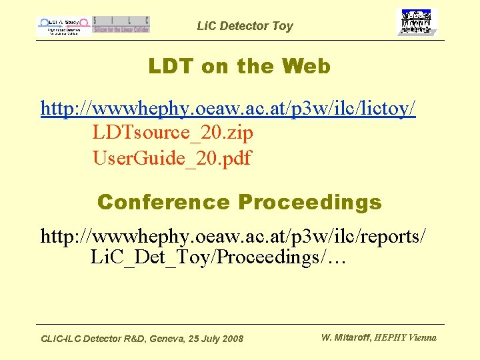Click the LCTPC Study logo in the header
tap(63, 25)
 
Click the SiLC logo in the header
tap(121, 25)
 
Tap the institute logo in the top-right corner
tap(417, 23)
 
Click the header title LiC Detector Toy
tap(245, 26)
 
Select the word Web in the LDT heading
tap(306, 67)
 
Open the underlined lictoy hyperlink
tap(228, 108)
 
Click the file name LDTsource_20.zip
tap(173, 133)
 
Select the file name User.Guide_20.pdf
tap(172, 158)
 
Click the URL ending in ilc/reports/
tap(233, 235)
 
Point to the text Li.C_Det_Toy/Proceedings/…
tap(218, 257)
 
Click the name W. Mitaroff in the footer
tap(345, 337)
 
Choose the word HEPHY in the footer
tap(388, 337)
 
